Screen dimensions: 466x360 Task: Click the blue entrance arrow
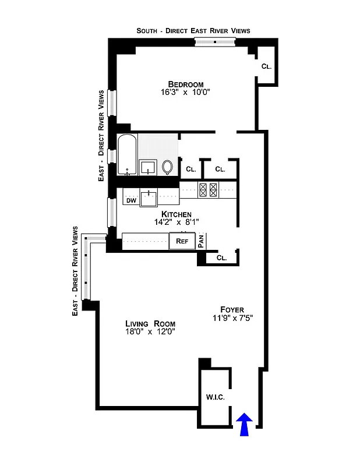click(245, 423)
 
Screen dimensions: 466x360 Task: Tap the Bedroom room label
click(185, 83)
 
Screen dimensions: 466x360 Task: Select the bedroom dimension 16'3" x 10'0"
click(185, 92)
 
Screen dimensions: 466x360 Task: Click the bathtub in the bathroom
click(127, 155)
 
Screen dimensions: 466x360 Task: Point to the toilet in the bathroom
click(168, 167)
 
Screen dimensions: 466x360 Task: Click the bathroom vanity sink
click(149, 167)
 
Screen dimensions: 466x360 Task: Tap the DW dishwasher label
click(131, 200)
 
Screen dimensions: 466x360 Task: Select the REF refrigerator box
click(182, 241)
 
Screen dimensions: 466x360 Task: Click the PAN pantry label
click(201, 241)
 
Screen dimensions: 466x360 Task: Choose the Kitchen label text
click(180, 214)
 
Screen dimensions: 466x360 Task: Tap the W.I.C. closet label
click(215, 398)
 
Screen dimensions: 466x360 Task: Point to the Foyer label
click(232, 309)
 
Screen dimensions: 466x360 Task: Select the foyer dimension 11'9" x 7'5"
click(232, 318)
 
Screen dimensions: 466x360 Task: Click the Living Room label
click(150, 323)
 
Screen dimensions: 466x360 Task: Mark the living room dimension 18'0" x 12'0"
click(150, 332)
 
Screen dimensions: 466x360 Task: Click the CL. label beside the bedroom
click(266, 66)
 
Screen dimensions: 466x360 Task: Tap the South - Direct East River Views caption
click(193, 30)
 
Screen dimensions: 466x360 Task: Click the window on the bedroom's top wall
click(214, 42)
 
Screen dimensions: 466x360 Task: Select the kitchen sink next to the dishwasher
click(150, 198)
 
